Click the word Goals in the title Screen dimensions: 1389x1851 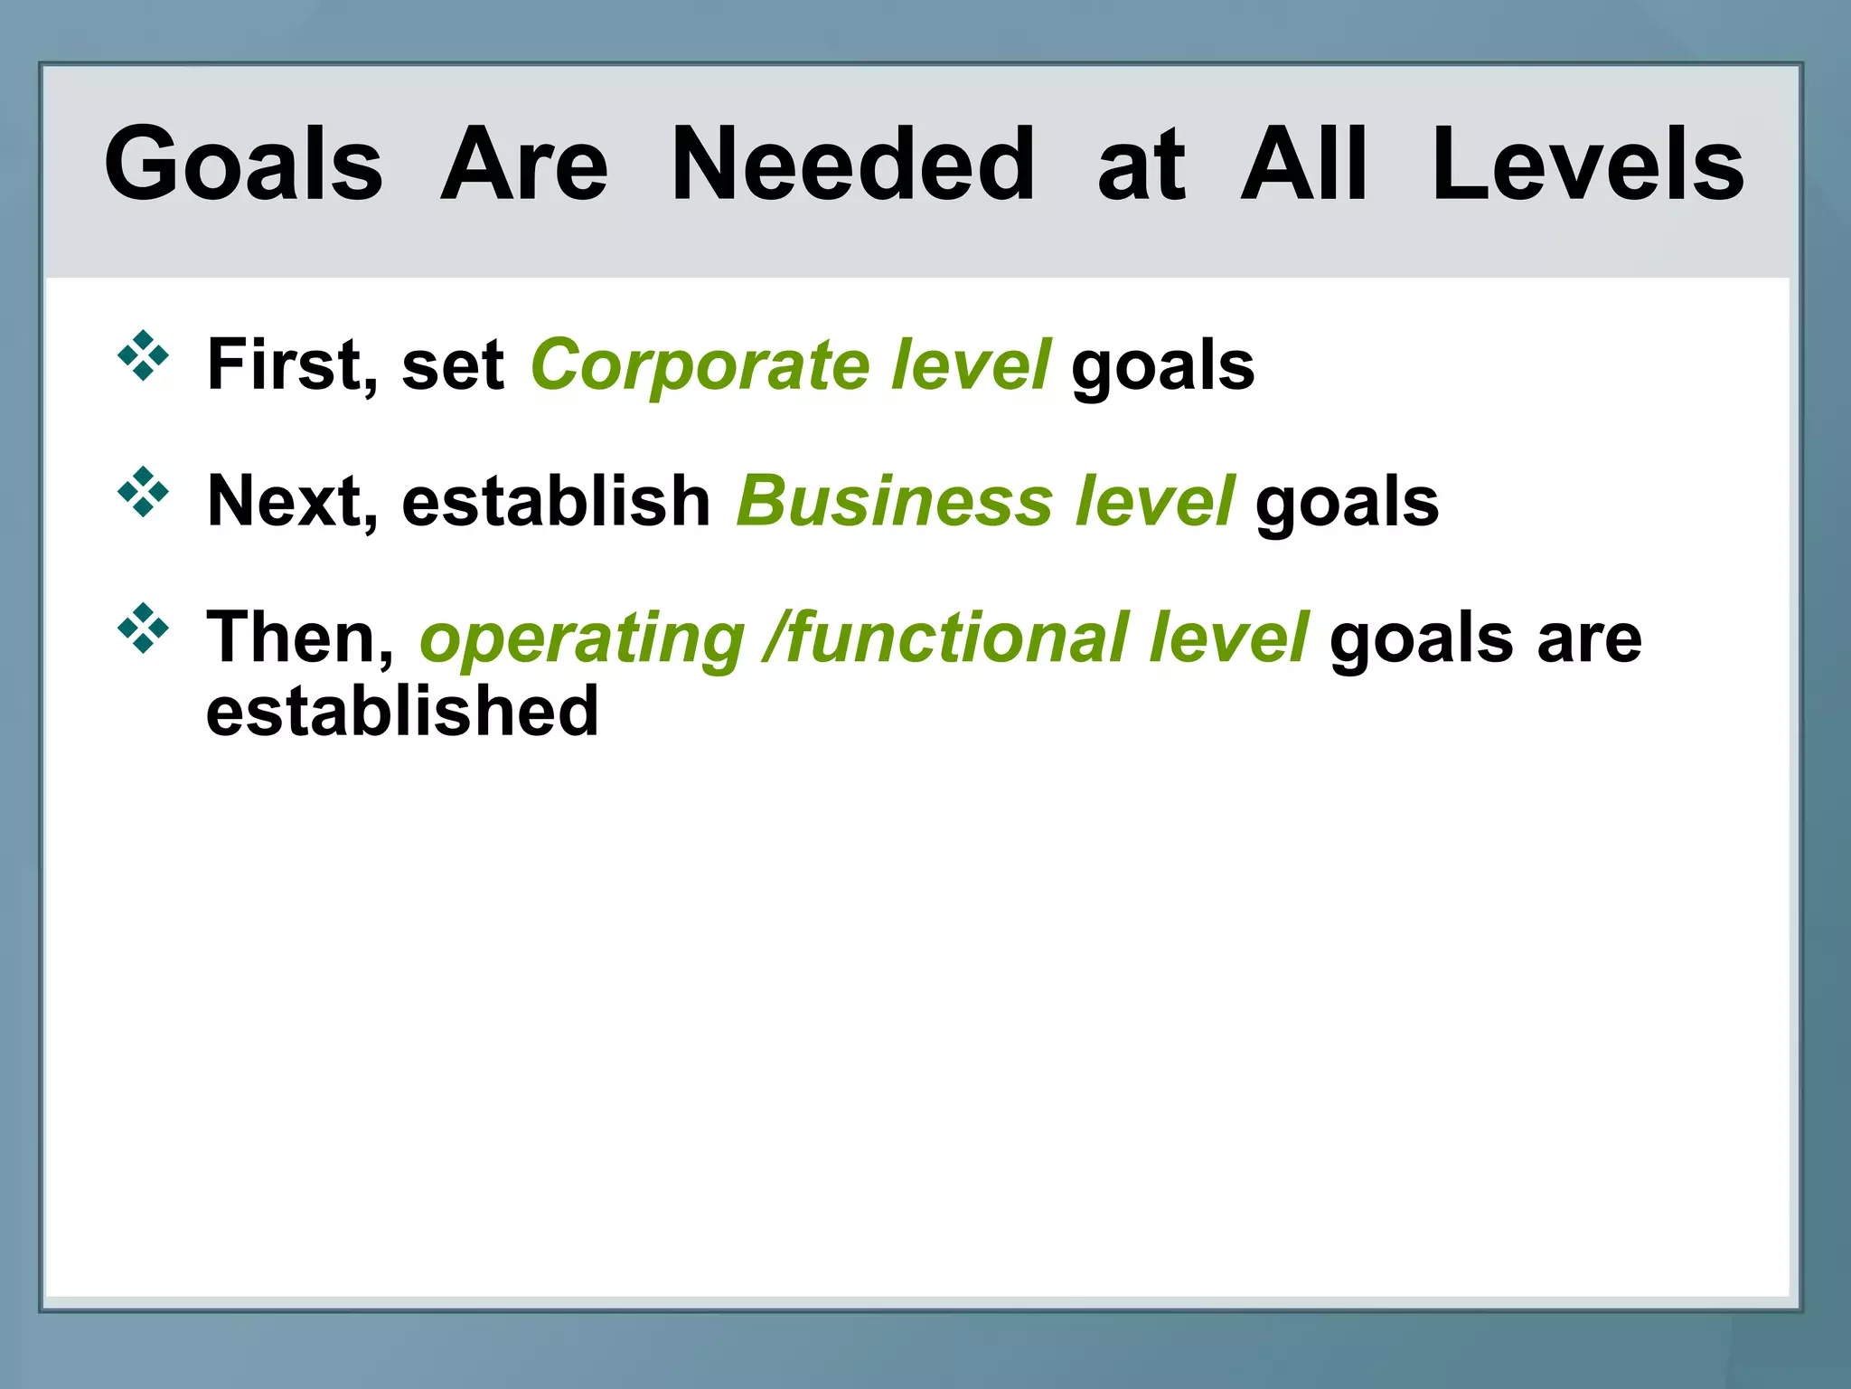(243, 165)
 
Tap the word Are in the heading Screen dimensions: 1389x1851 (524, 165)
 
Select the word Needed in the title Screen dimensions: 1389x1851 (852, 165)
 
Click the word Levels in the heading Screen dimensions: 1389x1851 (1587, 165)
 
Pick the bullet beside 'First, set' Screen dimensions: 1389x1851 (143, 355)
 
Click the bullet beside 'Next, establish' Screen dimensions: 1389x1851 (143, 492)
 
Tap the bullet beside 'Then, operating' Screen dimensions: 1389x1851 (143, 628)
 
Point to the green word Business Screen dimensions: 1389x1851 (894, 502)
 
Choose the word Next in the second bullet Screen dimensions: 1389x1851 (284, 502)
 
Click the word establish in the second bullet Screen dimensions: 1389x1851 (556, 502)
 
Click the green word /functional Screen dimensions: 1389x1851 (945, 638)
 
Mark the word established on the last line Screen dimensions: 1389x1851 (402, 712)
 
